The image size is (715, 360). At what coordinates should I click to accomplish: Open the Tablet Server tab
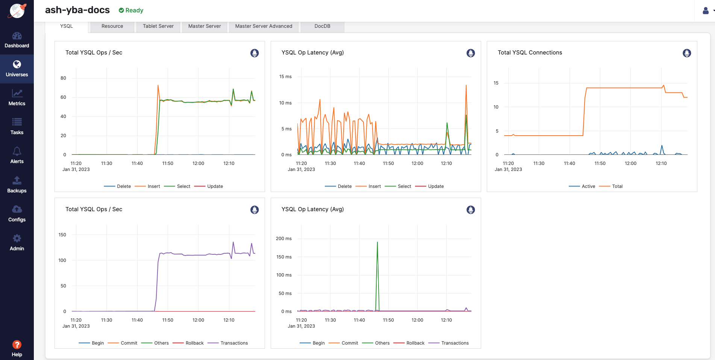point(158,26)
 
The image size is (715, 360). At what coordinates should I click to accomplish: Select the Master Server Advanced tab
point(264,26)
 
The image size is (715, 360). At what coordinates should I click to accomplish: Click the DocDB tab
point(322,26)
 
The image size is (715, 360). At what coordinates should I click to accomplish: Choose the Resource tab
point(112,26)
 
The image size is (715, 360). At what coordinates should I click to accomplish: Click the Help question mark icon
point(17,345)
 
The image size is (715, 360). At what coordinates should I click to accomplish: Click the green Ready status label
point(131,11)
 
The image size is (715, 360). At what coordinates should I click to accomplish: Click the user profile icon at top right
point(706,11)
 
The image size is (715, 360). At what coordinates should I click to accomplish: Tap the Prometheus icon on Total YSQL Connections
point(686,53)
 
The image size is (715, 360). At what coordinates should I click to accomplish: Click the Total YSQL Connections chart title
point(530,53)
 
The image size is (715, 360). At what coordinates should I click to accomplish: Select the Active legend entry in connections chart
point(588,186)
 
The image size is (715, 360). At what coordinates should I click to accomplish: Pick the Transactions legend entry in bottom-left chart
point(234,343)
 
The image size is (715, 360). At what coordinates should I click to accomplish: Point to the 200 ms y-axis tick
point(284,239)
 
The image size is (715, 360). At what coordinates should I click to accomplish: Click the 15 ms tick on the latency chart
point(285,77)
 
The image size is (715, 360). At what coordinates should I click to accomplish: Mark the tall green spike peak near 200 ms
point(377,242)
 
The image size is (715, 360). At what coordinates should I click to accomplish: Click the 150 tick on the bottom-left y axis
point(62,235)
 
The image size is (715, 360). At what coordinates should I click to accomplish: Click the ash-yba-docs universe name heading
point(77,10)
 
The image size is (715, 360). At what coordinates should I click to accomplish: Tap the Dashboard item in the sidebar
point(17,40)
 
